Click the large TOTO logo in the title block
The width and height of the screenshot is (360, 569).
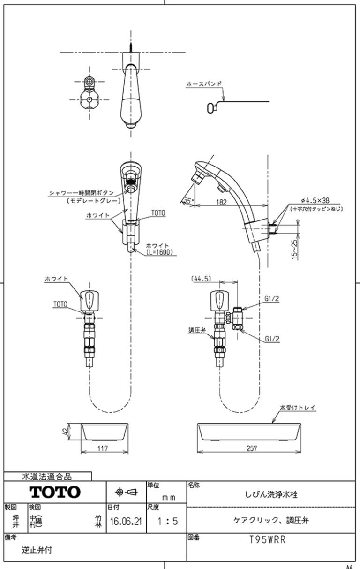tap(55, 492)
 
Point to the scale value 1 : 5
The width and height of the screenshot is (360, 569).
tap(167, 521)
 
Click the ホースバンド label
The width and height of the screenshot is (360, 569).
tap(204, 84)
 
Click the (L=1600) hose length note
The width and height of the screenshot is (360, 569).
tap(159, 252)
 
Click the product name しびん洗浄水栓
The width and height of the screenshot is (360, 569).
tap(271, 493)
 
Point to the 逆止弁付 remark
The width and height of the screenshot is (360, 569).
tap(37, 550)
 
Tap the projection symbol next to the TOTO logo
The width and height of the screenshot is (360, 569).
tap(126, 492)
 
